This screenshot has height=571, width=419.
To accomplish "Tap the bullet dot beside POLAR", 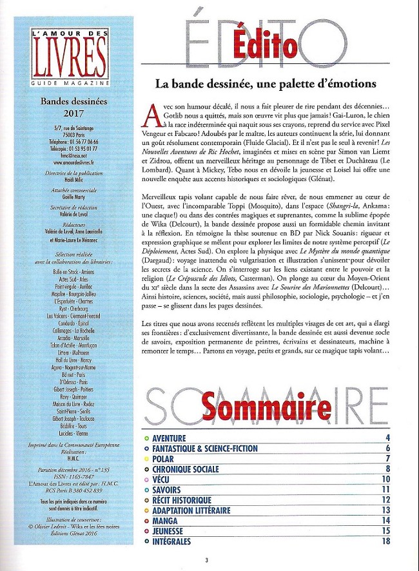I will pos(146,459).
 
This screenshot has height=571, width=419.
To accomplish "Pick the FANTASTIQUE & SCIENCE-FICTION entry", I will pos(205,449).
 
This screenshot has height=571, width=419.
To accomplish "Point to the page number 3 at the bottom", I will pos(206,560).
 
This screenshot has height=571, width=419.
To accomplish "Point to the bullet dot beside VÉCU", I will pos(146,479).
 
